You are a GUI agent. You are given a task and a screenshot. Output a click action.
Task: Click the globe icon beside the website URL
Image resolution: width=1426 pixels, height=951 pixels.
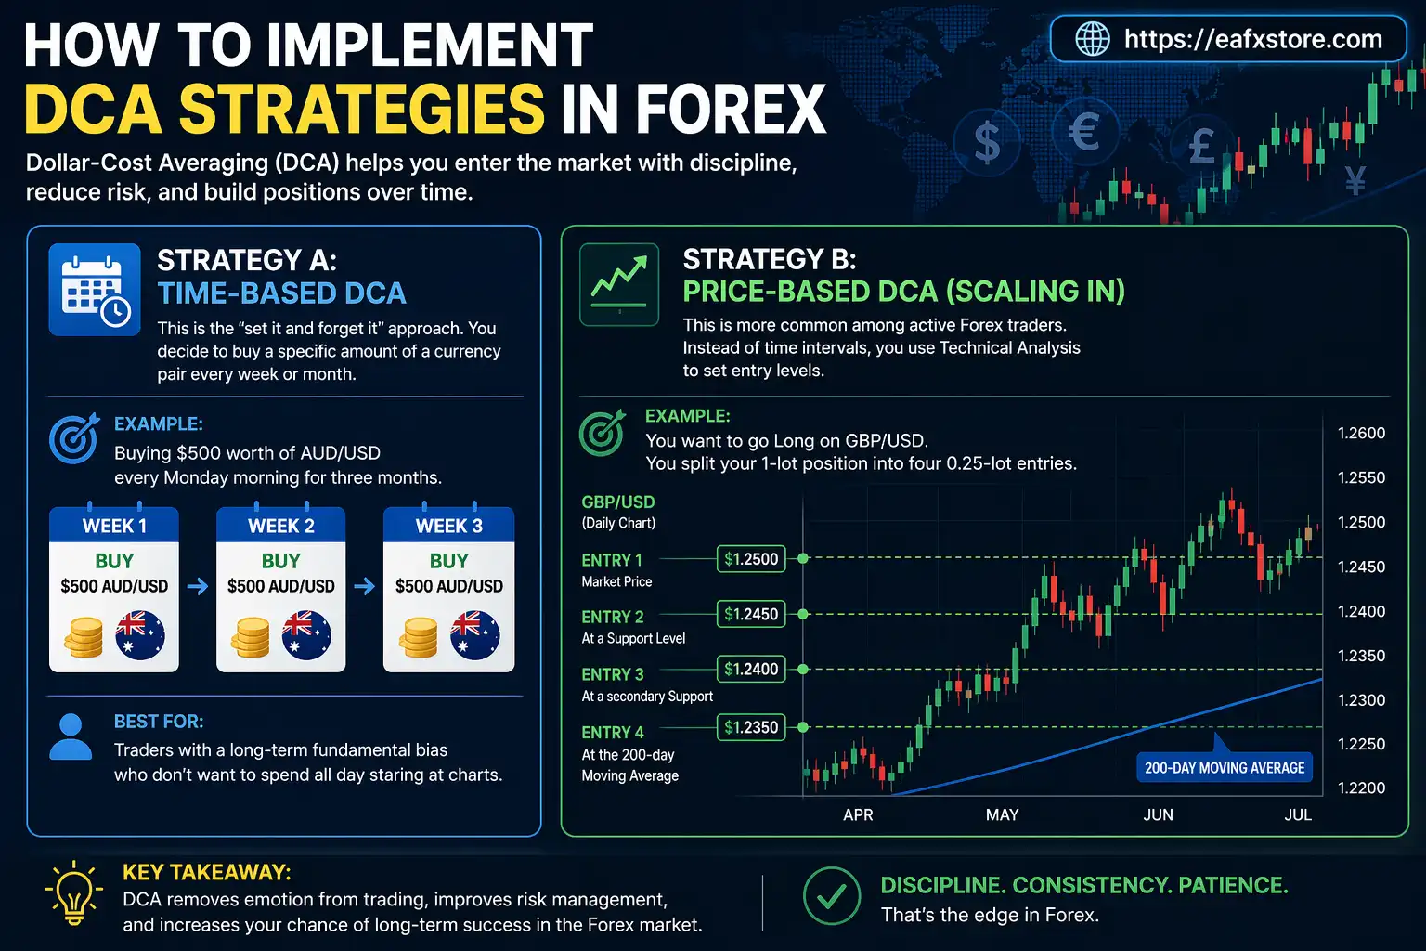[x=1092, y=39]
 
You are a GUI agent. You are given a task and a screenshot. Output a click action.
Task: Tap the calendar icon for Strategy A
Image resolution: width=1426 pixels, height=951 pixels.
[x=95, y=290]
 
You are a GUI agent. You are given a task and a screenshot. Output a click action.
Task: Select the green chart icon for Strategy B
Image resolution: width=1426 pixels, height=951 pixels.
[x=619, y=284]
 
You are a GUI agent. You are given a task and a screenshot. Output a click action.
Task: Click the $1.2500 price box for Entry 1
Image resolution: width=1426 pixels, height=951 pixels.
[x=751, y=559]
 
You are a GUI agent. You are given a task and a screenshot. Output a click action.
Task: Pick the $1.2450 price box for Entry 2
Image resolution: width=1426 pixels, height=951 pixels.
[x=751, y=614]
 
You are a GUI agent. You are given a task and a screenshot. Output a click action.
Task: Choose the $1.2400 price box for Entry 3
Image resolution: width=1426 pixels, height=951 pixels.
[x=751, y=669]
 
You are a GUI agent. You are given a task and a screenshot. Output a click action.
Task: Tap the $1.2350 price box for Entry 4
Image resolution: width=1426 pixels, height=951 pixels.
[x=751, y=727]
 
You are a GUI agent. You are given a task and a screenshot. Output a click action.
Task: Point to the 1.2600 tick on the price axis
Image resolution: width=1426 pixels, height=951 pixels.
[x=1361, y=433]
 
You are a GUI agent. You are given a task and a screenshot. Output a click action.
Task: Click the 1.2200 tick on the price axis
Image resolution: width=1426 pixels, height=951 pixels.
[x=1361, y=788]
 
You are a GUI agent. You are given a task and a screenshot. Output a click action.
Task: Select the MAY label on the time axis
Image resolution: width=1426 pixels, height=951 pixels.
[x=1002, y=814]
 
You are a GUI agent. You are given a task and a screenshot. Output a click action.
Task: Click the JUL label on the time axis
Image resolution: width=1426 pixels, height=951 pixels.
[x=1297, y=814]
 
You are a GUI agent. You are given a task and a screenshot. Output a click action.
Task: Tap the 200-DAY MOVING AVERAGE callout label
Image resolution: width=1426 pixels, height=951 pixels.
[x=1224, y=768]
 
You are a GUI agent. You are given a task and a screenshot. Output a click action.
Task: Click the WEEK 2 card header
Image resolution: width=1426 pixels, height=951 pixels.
[x=281, y=526]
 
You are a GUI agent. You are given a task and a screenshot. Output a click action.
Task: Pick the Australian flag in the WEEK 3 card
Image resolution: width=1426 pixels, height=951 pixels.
[x=474, y=635]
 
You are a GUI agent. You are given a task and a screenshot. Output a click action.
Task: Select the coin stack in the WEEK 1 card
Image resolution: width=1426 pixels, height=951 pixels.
[x=84, y=637]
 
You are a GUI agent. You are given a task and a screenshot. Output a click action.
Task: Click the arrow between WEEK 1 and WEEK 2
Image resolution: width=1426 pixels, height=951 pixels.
[x=197, y=586]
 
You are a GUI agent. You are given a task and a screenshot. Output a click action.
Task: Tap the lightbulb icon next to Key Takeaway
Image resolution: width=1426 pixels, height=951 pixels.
[x=74, y=892]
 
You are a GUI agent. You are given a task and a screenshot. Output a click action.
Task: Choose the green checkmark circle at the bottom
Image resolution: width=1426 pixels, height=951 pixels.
[x=831, y=896]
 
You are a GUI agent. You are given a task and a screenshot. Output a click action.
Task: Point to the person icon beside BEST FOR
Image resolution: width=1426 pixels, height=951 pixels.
[x=71, y=737]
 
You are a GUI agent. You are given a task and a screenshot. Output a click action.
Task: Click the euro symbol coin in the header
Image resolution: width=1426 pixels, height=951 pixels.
[x=1083, y=132]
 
